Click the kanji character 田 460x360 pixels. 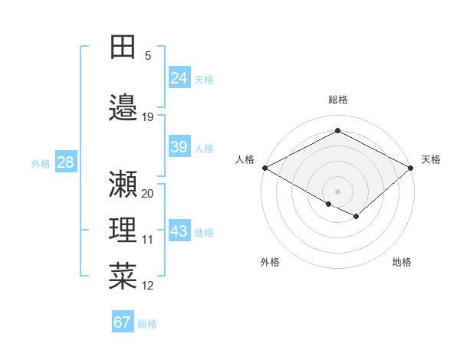point(123,48)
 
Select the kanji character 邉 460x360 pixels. point(123,107)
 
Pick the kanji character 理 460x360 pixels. point(123,230)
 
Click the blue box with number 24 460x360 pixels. point(179,77)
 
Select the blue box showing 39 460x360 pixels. point(179,147)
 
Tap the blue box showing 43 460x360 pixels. point(179,231)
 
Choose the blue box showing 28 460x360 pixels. point(65,162)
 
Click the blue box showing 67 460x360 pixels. point(123,322)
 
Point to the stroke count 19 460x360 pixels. point(148,117)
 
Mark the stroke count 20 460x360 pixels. point(148,194)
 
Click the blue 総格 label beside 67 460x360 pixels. point(147,324)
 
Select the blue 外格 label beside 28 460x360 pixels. point(41,163)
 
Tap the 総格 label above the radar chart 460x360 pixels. point(337,100)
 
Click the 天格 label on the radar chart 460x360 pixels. point(431,159)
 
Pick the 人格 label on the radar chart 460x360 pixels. point(245,159)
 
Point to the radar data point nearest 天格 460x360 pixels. point(411,168)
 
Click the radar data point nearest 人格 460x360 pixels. point(264,168)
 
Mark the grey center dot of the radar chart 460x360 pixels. point(337,190)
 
